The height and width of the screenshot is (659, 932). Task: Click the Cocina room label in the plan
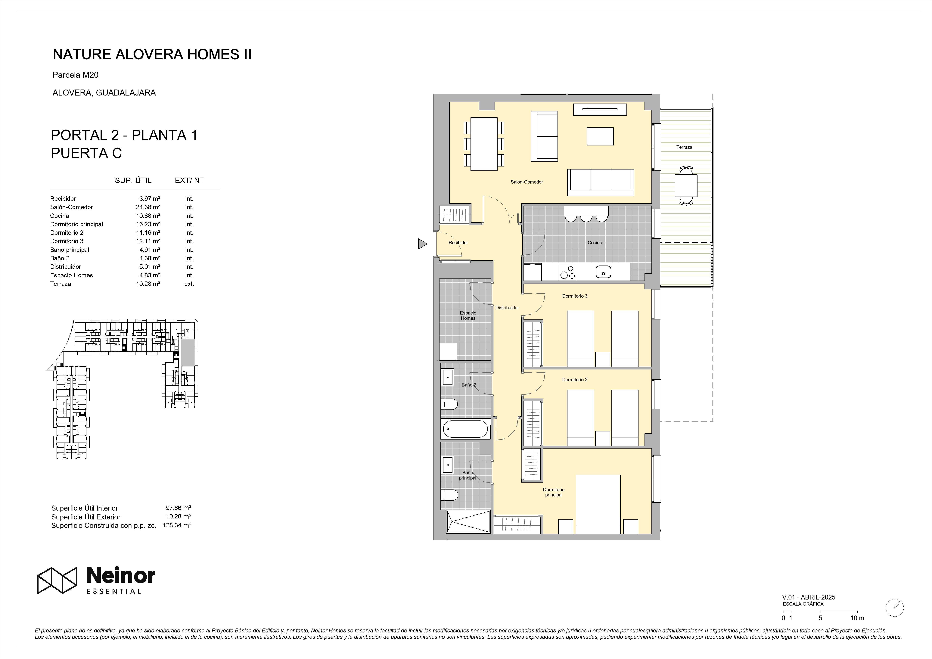click(x=595, y=243)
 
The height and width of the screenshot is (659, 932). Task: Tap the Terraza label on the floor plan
click(x=684, y=147)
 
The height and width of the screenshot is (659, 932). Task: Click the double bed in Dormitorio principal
click(x=598, y=503)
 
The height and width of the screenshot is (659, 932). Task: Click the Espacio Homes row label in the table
click(x=71, y=275)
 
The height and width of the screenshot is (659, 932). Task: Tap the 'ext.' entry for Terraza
click(x=189, y=284)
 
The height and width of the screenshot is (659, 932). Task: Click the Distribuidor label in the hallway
click(x=507, y=308)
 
